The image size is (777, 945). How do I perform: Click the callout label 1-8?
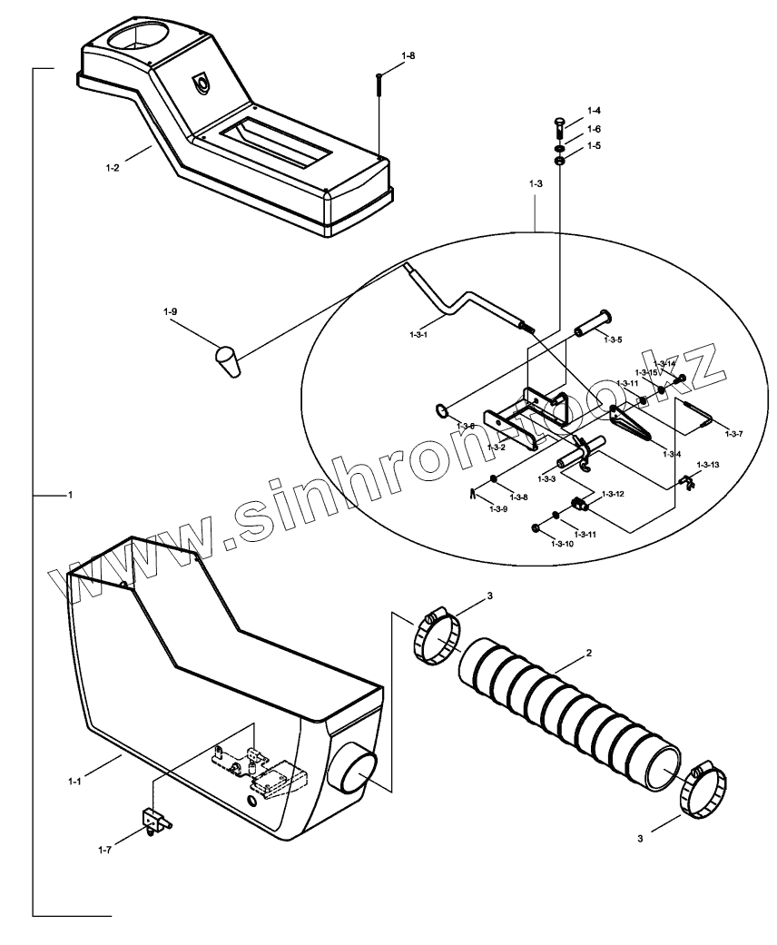[x=408, y=56]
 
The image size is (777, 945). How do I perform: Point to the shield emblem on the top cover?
[x=202, y=83]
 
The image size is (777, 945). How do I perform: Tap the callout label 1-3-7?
[x=733, y=434]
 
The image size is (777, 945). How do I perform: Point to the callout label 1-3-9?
[x=498, y=509]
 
